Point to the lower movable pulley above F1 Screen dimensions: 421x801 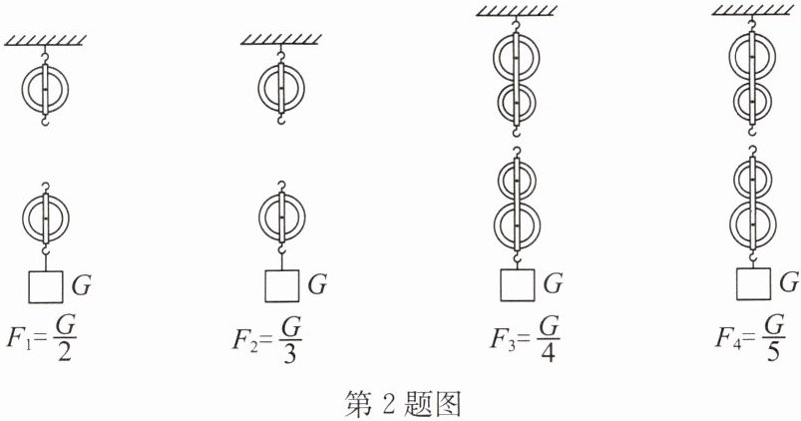tap(45, 215)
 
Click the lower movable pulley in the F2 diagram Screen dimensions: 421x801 tap(281, 215)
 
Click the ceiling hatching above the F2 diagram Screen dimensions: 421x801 tap(281, 40)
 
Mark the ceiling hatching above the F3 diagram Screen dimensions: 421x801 tap(517, 9)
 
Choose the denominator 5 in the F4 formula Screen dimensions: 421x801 tap(774, 350)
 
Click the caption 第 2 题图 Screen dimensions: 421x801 tap(401, 403)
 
